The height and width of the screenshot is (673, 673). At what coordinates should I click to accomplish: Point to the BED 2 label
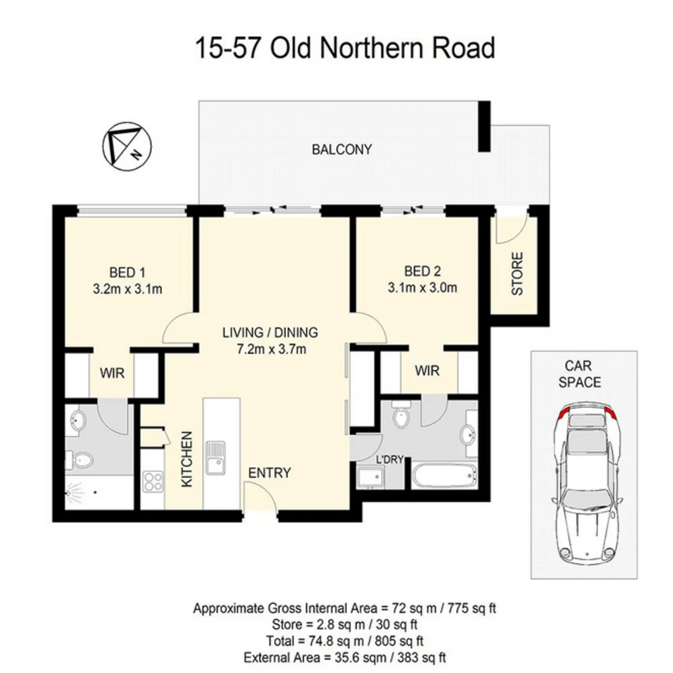[422, 271]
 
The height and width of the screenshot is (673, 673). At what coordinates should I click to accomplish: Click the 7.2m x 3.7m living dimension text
[270, 349]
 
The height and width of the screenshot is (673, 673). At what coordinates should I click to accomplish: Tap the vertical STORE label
[517, 274]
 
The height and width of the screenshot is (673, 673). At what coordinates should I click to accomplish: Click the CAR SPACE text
[583, 374]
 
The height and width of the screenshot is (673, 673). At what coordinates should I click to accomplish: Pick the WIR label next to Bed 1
[113, 374]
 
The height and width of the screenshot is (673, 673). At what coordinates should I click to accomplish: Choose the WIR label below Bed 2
[427, 371]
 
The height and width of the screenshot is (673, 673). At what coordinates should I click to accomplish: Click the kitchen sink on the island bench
[216, 458]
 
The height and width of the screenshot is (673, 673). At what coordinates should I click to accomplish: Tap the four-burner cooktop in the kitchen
[153, 481]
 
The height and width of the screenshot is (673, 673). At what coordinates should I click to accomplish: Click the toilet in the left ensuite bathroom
[81, 461]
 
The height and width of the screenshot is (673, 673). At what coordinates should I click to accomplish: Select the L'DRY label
[390, 461]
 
